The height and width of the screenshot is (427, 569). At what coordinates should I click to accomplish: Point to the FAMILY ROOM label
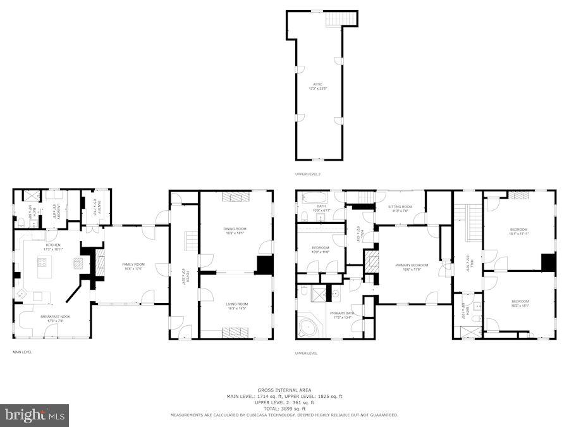pos(132,265)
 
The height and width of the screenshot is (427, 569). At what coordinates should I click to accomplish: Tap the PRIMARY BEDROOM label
pos(411,265)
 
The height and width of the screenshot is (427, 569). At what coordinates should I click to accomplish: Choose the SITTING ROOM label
pos(400,207)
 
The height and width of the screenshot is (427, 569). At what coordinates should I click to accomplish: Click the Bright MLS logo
pos(35,416)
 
